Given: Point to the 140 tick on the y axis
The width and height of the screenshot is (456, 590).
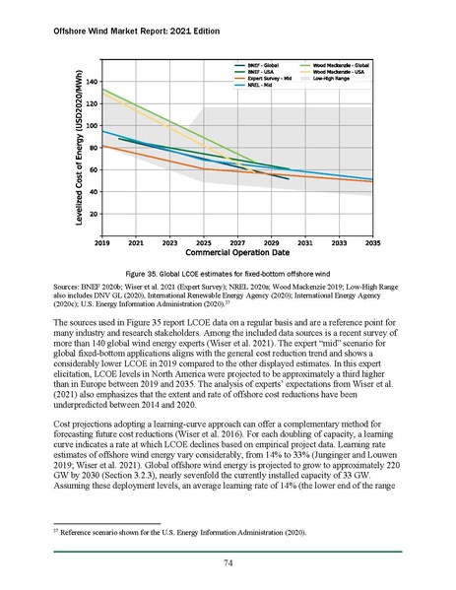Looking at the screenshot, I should coord(92,82).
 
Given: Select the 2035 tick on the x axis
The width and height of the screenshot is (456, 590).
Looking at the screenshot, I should coord(373,240).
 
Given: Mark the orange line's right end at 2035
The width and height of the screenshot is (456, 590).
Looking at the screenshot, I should coord(372,181).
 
